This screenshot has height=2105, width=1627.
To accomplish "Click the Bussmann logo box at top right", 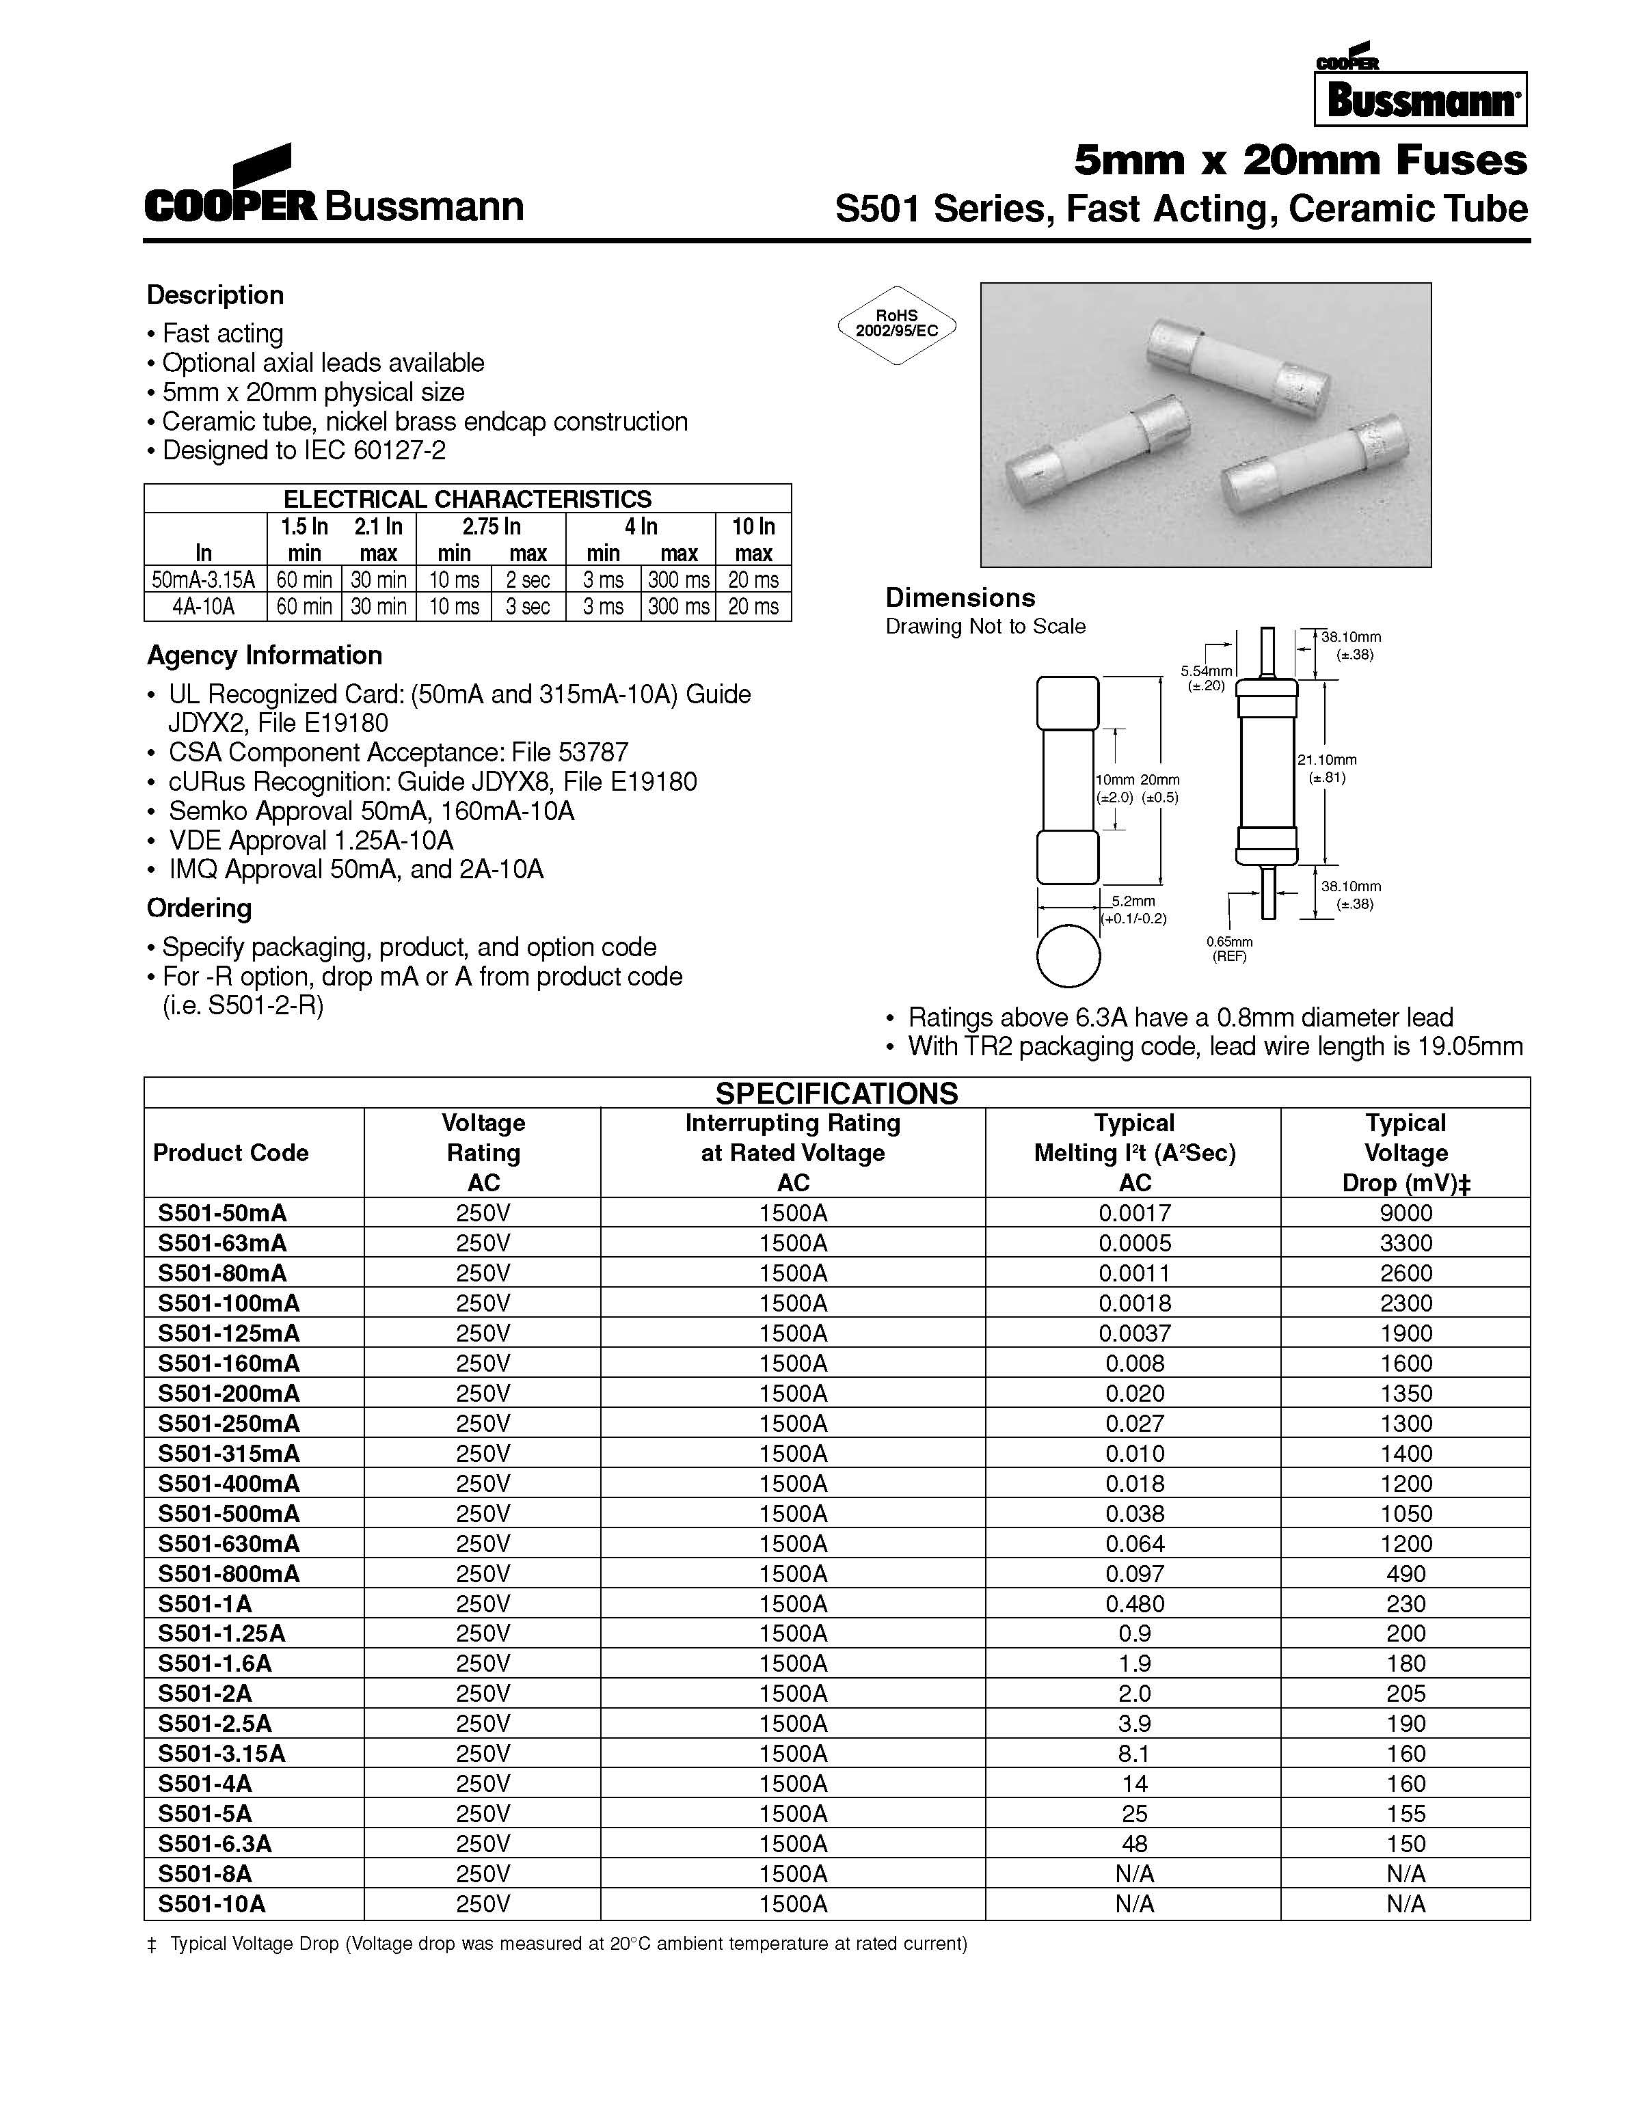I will [1420, 99].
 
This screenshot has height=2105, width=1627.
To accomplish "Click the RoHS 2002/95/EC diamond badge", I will [896, 324].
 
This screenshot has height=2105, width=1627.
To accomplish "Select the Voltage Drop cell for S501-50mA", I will [1406, 1212].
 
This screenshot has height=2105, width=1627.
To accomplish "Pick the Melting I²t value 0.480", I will [1135, 1603].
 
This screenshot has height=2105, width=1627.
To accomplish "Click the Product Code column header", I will [230, 1153].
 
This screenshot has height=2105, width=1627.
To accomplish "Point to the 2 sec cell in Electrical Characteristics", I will [528, 580].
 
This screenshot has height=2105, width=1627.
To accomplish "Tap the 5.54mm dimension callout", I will [1205, 677].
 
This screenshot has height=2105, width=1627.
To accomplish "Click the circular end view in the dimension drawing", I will [1068, 956].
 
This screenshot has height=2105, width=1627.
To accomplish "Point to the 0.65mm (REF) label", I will [1229, 949].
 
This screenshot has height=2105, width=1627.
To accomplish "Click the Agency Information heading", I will [264, 655].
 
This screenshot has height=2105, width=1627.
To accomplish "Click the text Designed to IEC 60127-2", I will [303, 450].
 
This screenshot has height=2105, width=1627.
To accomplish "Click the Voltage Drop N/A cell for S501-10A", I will [1406, 1903].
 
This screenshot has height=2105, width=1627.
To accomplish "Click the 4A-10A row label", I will [204, 607].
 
